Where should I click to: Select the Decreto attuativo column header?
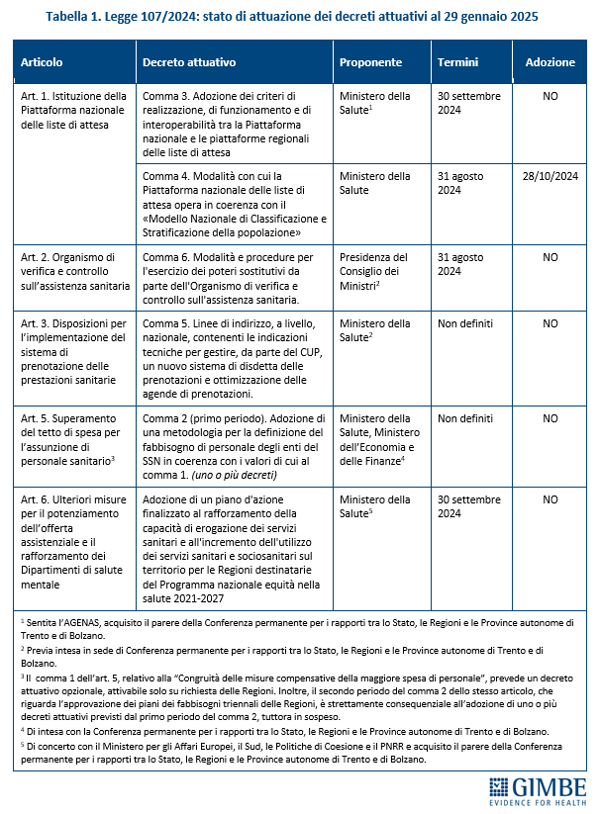click(x=189, y=62)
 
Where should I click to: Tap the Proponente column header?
click(x=370, y=62)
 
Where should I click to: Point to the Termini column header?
click(x=457, y=62)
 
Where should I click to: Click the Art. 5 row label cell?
click(x=74, y=431)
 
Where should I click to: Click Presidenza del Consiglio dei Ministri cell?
click(x=373, y=272)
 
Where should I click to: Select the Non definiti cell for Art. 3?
click(x=465, y=323)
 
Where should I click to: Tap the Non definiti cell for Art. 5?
click(x=465, y=418)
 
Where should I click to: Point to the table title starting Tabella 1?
click(x=299, y=17)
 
